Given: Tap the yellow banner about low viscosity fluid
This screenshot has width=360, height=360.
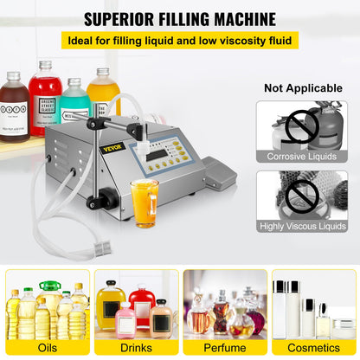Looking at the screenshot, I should (x=180, y=40).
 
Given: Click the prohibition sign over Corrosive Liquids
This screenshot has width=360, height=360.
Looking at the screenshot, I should (x=302, y=125).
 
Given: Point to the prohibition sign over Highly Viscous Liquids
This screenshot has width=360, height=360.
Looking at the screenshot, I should (x=302, y=196).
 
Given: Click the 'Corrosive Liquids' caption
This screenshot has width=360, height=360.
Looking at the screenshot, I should (x=302, y=157).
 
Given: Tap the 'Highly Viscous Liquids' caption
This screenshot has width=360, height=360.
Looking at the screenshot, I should (x=302, y=227).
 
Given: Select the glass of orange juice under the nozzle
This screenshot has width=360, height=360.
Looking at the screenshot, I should (x=143, y=201).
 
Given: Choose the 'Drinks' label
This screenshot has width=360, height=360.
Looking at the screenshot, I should (x=134, y=348).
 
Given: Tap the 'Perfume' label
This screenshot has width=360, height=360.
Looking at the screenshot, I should (x=224, y=348).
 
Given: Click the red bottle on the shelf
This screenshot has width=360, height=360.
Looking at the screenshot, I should (x=45, y=102).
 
